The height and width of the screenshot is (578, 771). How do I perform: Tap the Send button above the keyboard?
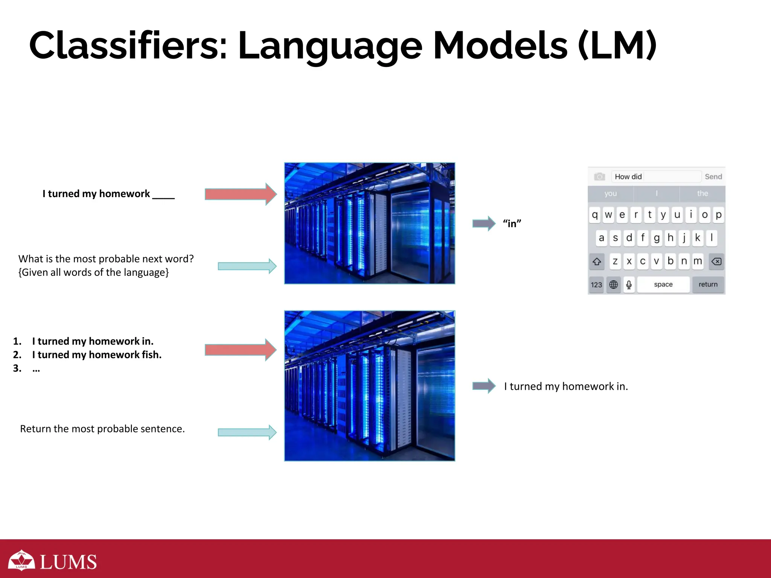[x=713, y=176]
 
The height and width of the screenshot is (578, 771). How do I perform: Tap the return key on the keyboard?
[x=708, y=284]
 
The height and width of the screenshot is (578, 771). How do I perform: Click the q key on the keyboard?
[x=595, y=215]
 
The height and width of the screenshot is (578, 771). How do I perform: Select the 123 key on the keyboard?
[x=596, y=285]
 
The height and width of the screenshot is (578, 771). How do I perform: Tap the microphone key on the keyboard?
[x=629, y=285]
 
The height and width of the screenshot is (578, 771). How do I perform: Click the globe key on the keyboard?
[x=613, y=285]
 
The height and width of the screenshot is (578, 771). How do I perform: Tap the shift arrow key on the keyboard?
[x=597, y=262]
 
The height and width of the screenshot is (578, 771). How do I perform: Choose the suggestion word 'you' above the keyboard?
[x=611, y=193]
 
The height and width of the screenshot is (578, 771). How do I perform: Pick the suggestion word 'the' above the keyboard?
[x=702, y=193]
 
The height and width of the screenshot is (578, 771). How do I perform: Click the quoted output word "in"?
[x=512, y=224]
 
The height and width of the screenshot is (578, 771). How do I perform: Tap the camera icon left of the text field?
[x=599, y=176]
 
